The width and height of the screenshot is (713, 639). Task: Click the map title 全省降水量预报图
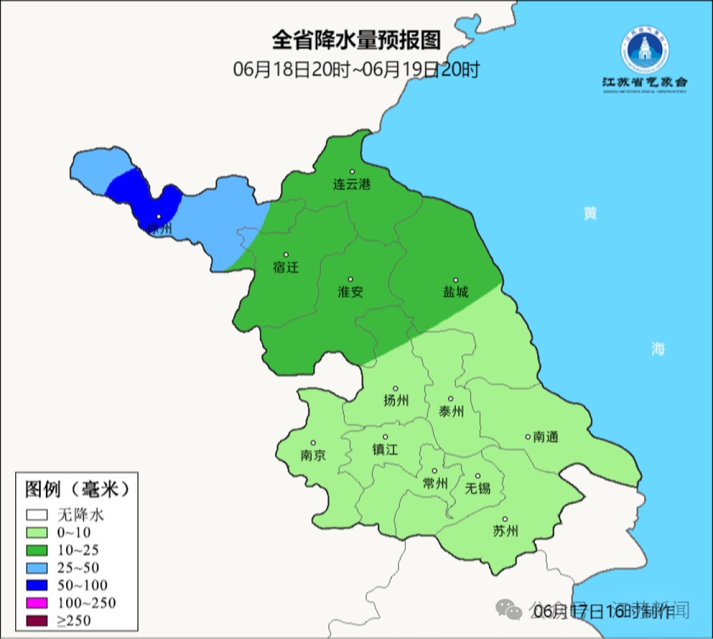pos(356,40)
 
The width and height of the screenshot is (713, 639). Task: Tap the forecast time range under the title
pos(356,70)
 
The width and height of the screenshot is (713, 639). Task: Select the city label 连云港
pos(352,185)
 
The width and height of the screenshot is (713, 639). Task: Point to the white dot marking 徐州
pos(159,216)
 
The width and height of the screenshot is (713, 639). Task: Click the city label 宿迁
pos(285,267)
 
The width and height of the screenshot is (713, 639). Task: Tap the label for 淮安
pos(350,292)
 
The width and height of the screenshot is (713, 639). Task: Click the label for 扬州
pos(396,400)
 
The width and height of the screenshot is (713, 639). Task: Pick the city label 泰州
pos(451,411)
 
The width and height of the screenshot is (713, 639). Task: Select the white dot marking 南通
pos(528,437)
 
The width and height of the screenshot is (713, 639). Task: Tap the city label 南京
pos(313,456)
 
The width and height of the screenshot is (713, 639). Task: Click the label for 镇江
pos(384,450)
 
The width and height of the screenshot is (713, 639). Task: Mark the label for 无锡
pos(478,488)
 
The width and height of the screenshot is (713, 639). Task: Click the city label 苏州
pos(506,532)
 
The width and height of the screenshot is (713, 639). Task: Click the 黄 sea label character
pos(590,214)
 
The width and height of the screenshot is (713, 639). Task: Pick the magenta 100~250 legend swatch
pos(38,603)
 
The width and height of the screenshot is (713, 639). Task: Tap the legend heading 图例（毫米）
pos(78,489)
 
